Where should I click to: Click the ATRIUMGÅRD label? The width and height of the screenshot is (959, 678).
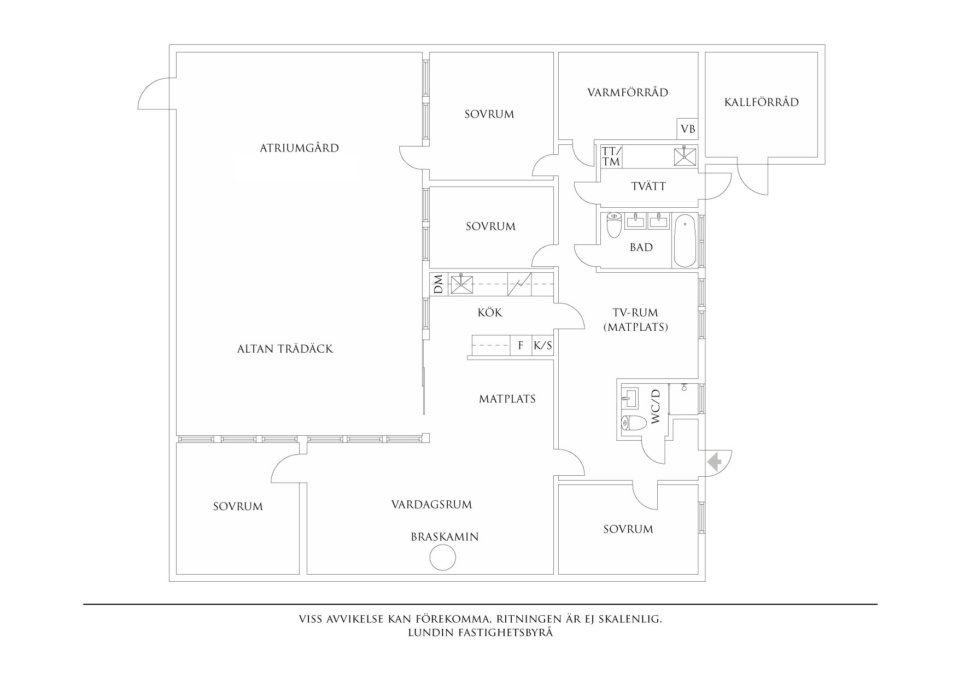(299, 148)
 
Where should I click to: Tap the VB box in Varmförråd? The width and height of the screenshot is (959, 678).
(688, 129)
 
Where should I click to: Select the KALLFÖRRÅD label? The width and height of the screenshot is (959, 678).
(761, 102)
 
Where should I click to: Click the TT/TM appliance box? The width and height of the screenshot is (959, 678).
(611, 156)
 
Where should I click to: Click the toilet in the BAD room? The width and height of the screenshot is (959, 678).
(615, 225)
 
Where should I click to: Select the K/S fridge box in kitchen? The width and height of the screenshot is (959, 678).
(542, 346)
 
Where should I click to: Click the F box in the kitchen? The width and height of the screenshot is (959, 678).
(521, 346)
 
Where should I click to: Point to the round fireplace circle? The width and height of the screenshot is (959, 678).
(442, 559)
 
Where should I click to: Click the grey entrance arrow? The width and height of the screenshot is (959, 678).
(714, 463)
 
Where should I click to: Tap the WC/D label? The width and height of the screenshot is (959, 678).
(657, 406)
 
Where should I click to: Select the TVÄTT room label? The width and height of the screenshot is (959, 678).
(648, 186)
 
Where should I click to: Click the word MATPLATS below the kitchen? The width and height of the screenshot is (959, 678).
(507, 399)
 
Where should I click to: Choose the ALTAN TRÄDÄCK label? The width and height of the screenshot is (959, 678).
(285, 349)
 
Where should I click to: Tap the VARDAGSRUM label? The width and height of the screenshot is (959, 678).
(431, 504)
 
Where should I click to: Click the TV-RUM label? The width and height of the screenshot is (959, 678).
(635, 313)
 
